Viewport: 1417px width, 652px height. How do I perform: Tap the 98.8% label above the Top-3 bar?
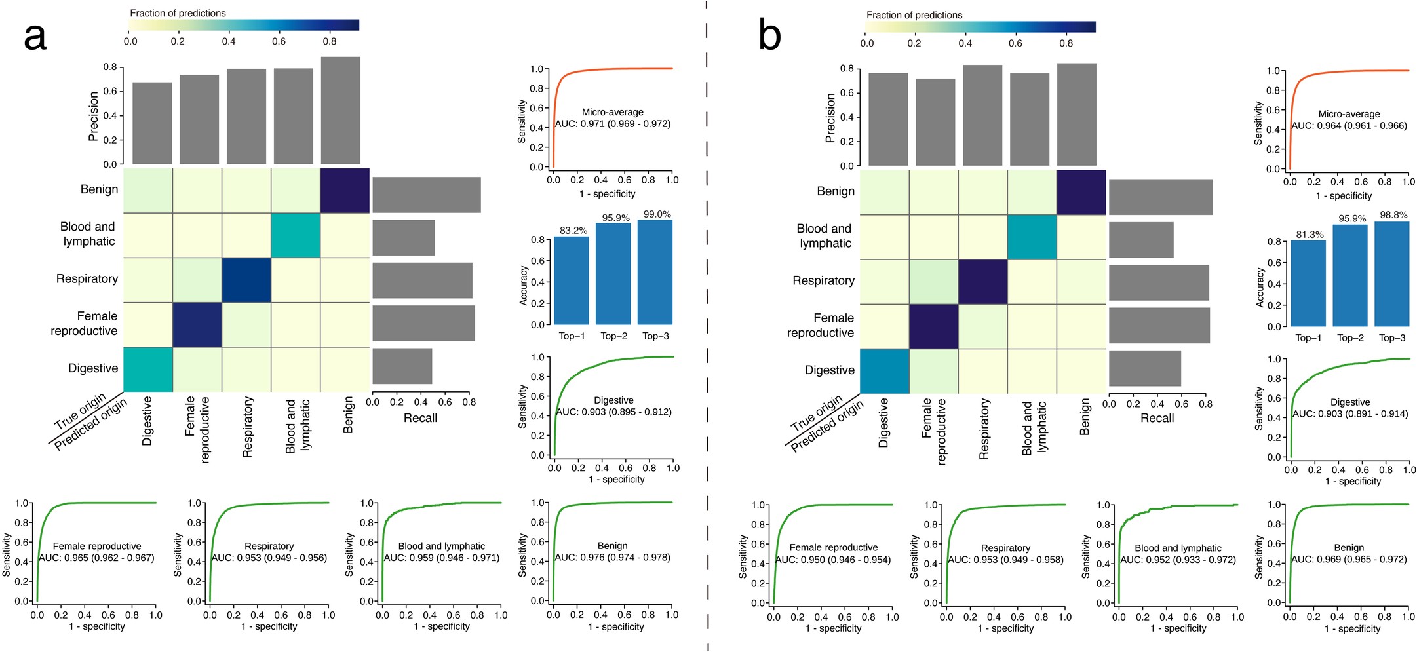(x=1393, y=215)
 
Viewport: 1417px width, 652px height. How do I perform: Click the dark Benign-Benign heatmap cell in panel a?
(x=345, y=191)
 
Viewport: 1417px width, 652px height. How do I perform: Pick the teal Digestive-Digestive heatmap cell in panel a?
(x=148, y=370)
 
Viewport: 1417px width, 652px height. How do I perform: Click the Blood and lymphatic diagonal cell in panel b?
(x=1032, y=237)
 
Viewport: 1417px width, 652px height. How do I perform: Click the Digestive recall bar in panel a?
(x=402, y=366)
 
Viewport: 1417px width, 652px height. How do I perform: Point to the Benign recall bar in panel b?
(x=1160, y=197)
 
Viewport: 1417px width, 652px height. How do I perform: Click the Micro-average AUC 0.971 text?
(x=613, y=123)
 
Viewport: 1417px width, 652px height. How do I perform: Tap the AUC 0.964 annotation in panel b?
(x=1349, y=125)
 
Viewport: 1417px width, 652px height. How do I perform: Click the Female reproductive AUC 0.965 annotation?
(x=97, y=558)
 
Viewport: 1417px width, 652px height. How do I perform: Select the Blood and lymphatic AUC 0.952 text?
(x=1178, y=560)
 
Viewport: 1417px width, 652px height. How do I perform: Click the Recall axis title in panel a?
(x=420, y=418)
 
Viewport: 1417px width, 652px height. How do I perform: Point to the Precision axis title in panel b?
(x=830, y=118)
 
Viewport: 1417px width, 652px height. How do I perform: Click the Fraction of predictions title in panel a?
(x=178, y=13)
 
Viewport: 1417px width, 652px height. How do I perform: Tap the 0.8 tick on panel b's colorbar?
(x=1066, y=43)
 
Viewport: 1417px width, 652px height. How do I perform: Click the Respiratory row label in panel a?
(x=87, y=279)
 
